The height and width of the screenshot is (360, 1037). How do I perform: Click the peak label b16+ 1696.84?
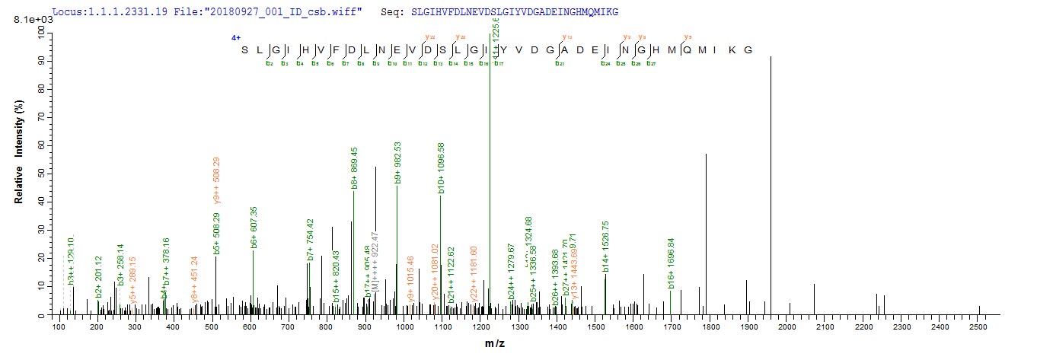(x=671, y=263)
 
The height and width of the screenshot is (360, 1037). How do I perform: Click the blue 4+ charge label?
(x=236, y=37)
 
